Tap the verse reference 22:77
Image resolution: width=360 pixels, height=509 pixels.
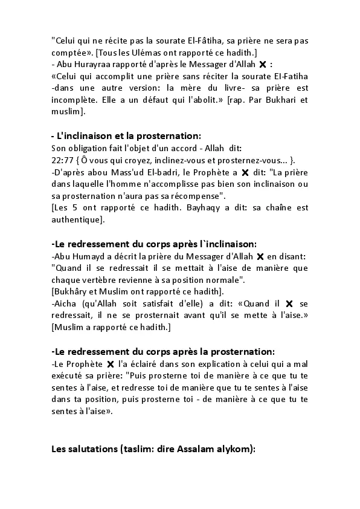tap(62, 159)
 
